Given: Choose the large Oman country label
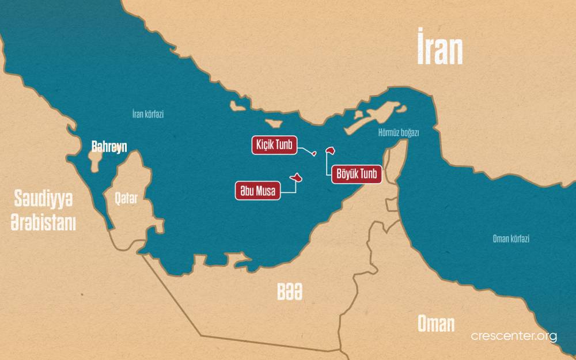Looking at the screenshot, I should point(436,323).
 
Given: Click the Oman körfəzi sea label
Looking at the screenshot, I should point(511,239).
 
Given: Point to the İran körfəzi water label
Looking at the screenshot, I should point(148,114).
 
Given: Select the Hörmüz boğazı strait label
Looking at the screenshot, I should point(398,132).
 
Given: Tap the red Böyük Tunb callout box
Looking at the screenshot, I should point(357,175).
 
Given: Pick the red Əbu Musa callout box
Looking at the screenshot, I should point(257,190).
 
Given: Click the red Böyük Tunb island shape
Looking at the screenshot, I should point(331,150).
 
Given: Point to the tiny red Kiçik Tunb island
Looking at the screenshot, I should point(313,153).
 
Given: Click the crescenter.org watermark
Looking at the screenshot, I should point(514,336).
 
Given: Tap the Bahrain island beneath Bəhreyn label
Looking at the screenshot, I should point(96,161).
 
